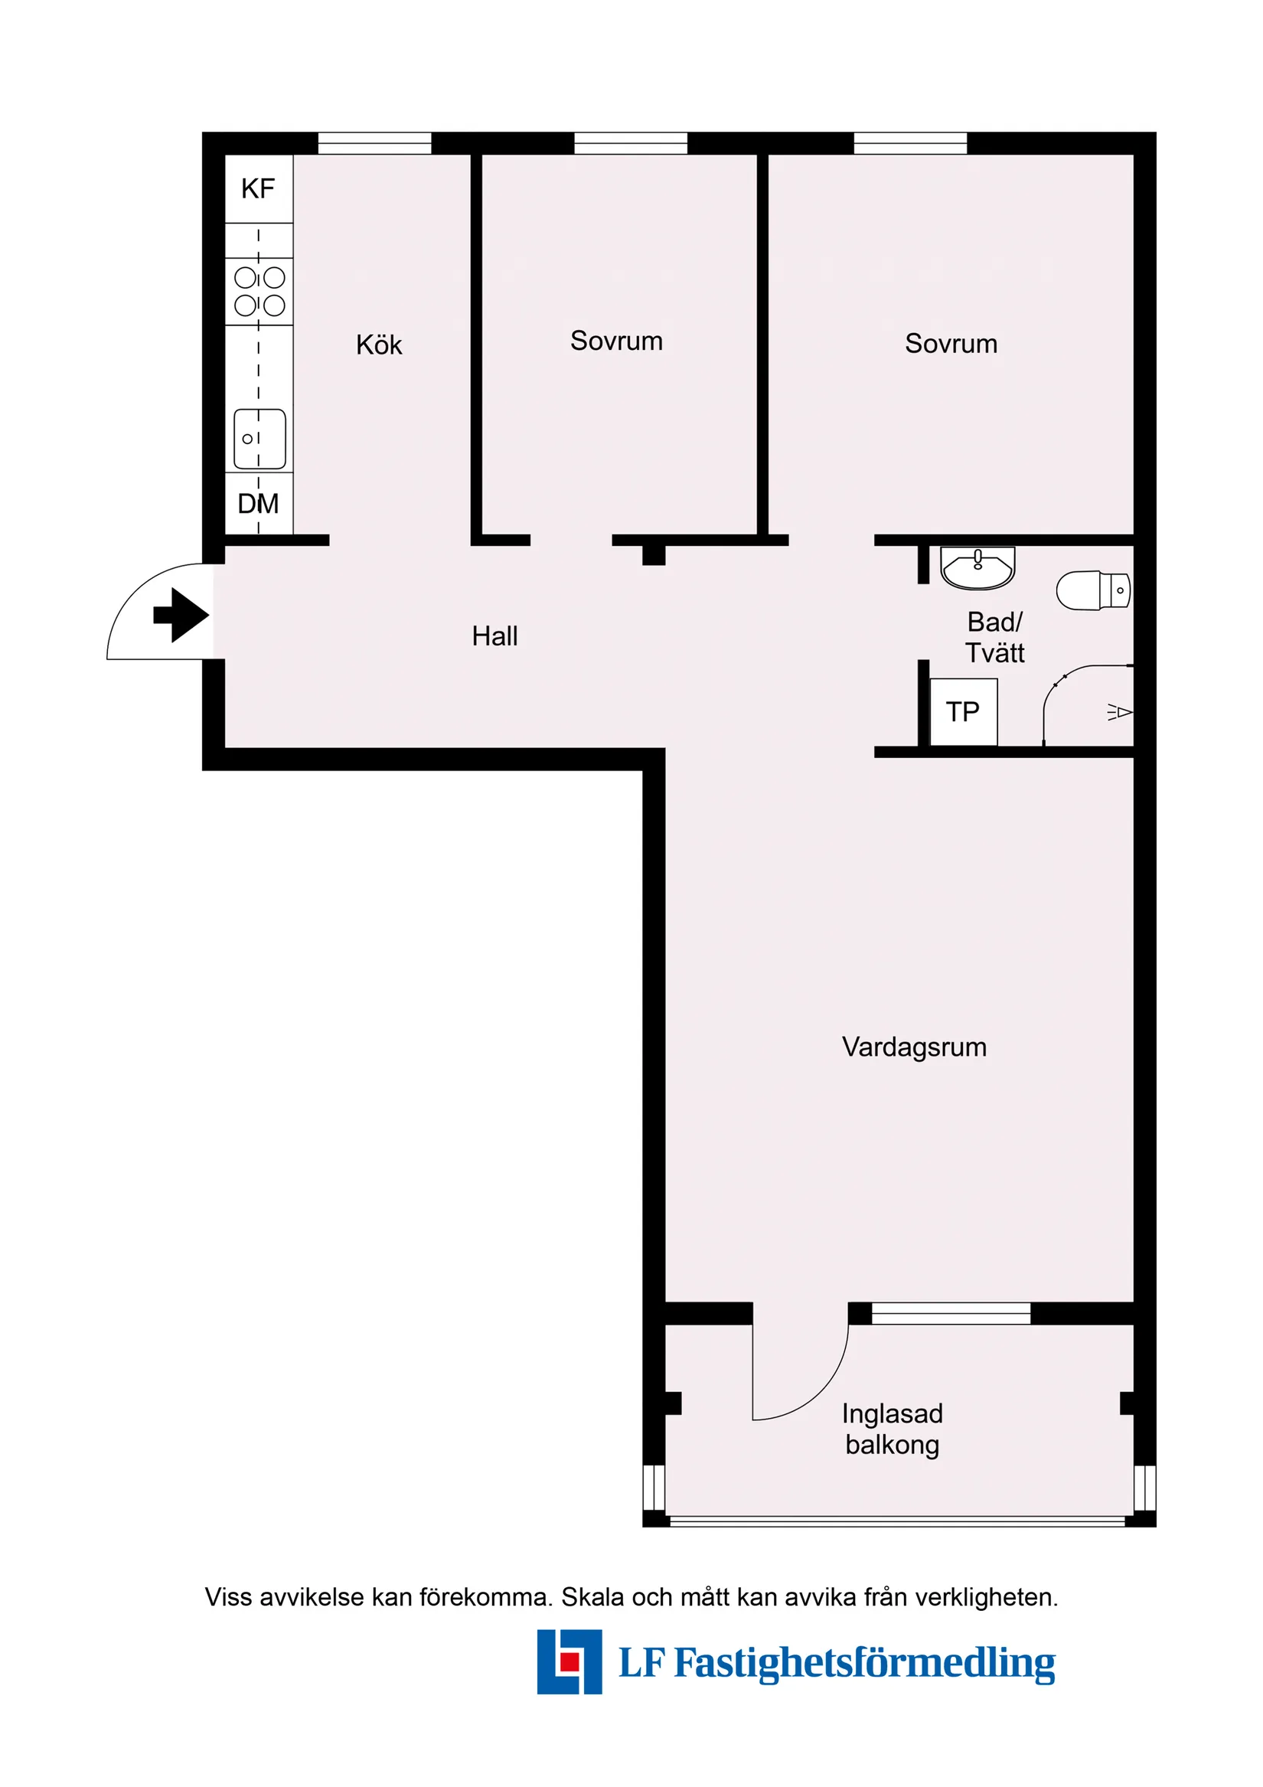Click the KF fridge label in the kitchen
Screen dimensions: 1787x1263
point(258,188)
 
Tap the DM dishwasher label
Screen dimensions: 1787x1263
point(258,504)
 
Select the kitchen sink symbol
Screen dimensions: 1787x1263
point(259,439)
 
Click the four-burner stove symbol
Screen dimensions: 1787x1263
point(259,291)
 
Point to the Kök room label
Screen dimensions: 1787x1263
point(379,345)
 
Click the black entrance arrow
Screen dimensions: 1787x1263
point(181,615)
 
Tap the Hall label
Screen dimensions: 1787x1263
point(494,636)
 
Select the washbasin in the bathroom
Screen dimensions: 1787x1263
point(977,567)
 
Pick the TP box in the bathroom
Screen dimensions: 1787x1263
point(963,711)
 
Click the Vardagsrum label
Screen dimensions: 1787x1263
point(914,1047)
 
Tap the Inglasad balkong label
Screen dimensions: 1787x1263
point(892,1428)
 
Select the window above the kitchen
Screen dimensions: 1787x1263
point(374,143)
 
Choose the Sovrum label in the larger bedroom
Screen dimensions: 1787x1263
point(950,343)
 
